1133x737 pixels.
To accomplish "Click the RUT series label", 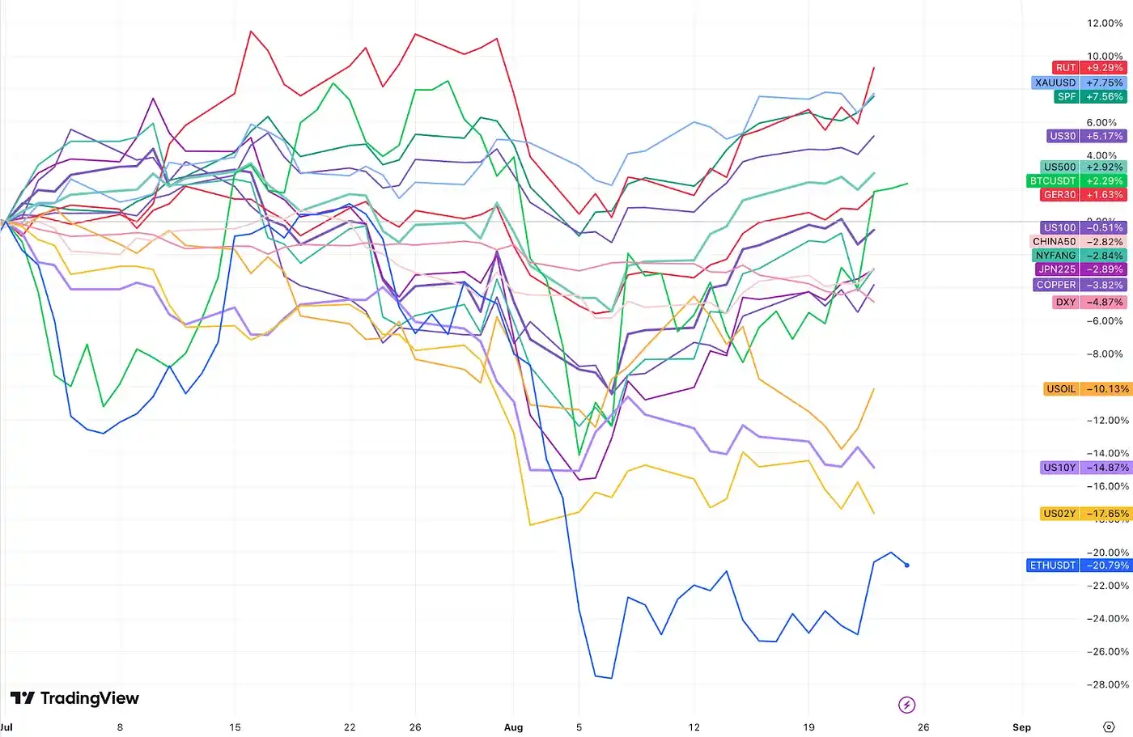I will click(1065, 68).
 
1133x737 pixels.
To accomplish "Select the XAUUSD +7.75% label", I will click(1078, 83).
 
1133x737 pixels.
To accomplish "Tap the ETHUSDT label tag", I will click(1052, 565).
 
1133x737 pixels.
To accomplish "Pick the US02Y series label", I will click(1059, 514).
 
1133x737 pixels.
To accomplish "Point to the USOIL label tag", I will click(1061, 389).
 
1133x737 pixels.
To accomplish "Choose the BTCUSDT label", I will click(1052, 181).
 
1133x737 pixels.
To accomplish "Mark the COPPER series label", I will click(1055, 285).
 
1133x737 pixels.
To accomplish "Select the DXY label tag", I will click(1066, 303).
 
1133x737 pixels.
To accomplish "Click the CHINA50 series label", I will click(1054, 242).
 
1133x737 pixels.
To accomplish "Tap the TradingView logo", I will click(74, 698).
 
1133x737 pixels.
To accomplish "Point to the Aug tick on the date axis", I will click(513, 727).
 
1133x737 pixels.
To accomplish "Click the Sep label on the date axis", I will click(1021, 727).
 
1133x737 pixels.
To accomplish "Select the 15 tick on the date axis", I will click(235, 727).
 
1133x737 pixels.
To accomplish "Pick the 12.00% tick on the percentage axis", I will click(1105, 23).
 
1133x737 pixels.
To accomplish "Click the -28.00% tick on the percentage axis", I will click(1105, 684).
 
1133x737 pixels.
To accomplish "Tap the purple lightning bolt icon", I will click(906, 705).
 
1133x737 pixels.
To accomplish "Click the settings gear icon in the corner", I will click(1109, 727).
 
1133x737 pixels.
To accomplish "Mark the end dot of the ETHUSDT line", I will click(906, 565).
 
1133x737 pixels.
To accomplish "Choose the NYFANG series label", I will click(1055, 256).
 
